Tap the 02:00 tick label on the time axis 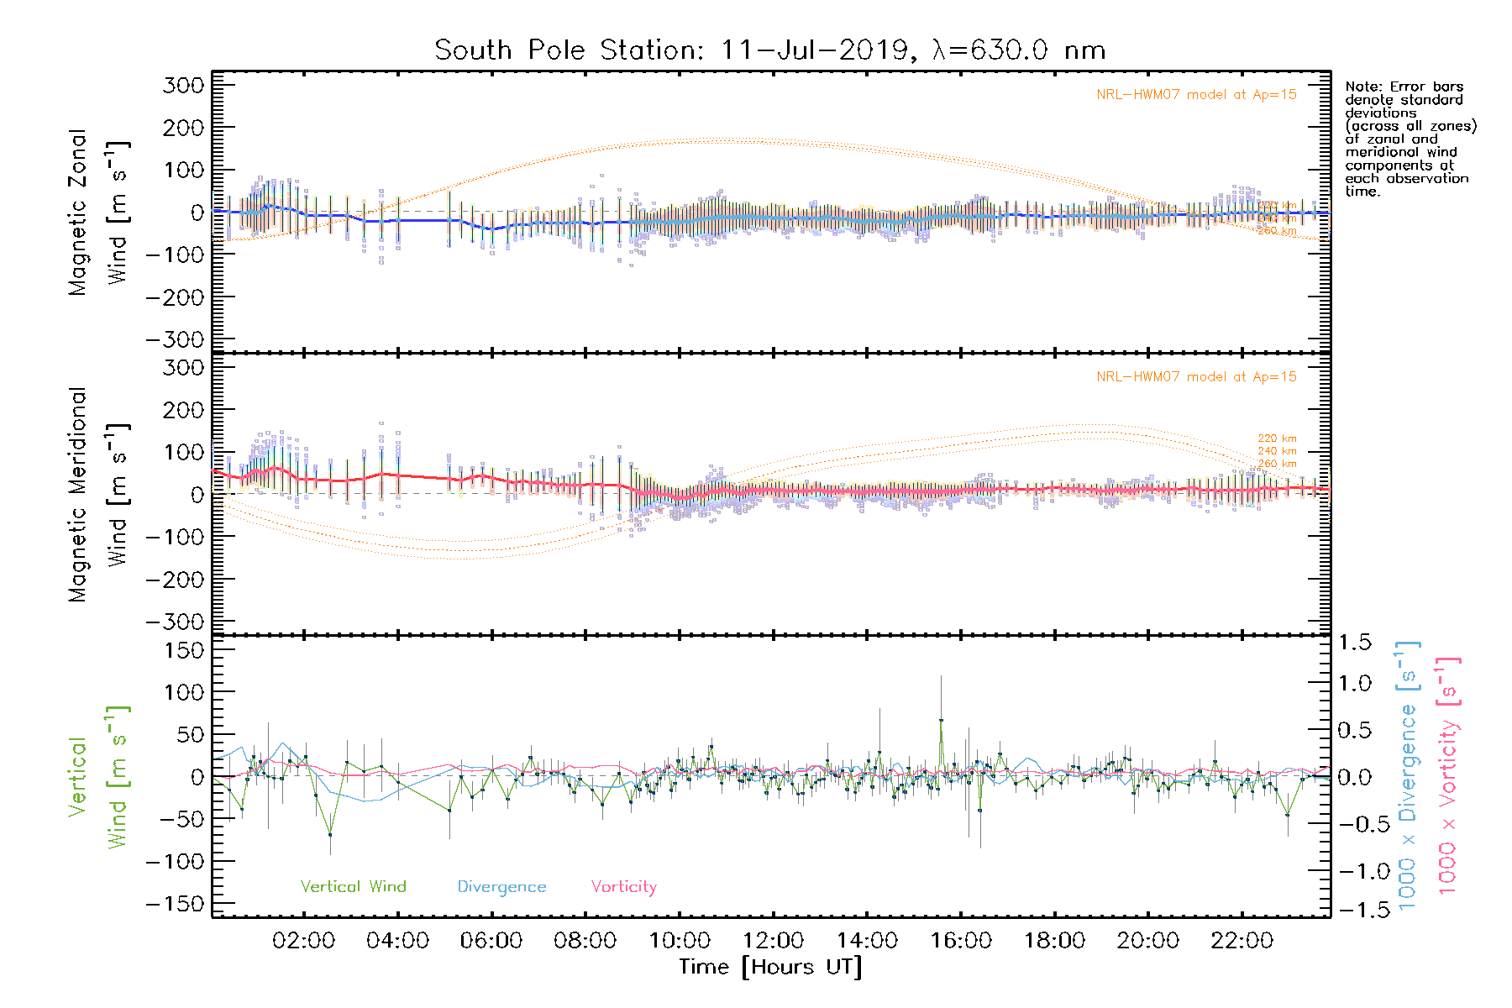(303, 940)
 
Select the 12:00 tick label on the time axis (773, 940)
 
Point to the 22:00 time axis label (1242, 940)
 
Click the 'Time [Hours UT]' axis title (770, 967)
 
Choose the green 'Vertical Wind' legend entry (353, 886)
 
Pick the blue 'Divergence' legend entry (501, 886)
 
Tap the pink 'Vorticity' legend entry (623, 886)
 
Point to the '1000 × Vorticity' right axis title (1448, 776)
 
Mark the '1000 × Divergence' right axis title (1408, 776)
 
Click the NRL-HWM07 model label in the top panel (1196, 95)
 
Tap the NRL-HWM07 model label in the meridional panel (1196, 377)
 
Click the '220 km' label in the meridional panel (1277, 438)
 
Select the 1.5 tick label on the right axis (1355, 643)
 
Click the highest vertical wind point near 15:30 (941, 720)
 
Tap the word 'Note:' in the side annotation (1362, 87)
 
